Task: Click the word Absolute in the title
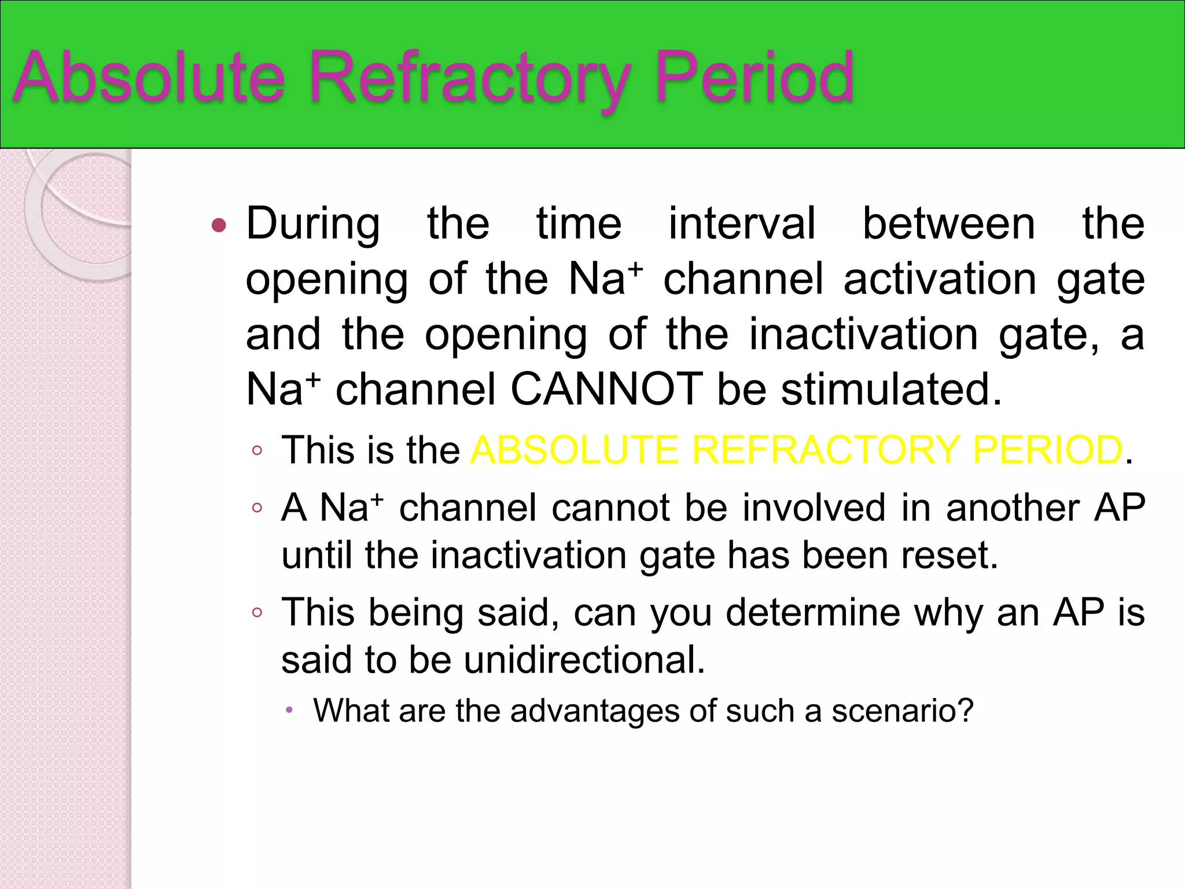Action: coord(149,77)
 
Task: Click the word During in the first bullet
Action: coord(313,223)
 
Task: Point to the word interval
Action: coord(742,223)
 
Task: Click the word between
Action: coord(949,223)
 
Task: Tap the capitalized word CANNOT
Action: coord(606,389)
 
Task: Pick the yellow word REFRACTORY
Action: coord(826,450)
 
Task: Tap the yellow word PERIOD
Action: coord(1047,450)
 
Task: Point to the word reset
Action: coord(948,555)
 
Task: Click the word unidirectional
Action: coord(584,660)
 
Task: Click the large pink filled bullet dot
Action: coord(219,225)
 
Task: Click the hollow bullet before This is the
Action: coord(257,450)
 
